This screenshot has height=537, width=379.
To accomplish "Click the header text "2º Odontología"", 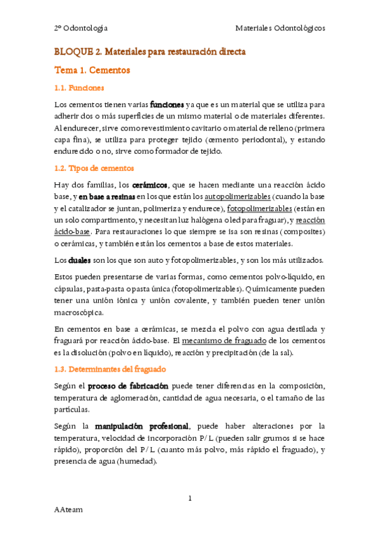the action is tap(80, 28).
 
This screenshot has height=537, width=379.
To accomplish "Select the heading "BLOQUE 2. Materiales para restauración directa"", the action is tap(150, 51).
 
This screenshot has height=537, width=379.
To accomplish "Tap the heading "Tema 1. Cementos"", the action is tap(92, 70).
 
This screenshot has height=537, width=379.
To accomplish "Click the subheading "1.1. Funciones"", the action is tap(79, 88).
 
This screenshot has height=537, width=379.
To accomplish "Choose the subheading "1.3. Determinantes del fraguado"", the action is tap(110, 369).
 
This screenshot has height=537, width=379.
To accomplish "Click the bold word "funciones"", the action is tap(167, 104).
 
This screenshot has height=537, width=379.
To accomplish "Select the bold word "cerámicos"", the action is tap(150, 185).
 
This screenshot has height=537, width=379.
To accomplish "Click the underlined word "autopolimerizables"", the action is tap(236, 196).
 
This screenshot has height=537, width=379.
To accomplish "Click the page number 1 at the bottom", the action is tap(190, 498).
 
